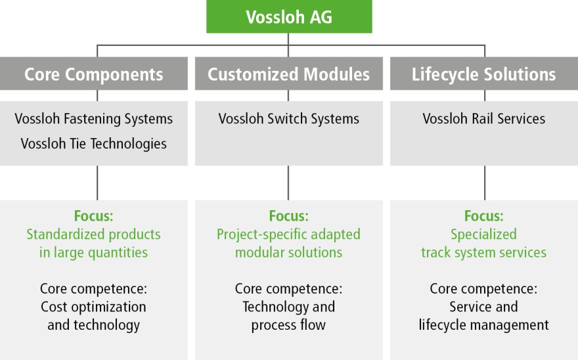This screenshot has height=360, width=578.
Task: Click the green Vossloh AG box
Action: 289,16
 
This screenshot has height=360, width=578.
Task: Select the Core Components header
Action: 94,74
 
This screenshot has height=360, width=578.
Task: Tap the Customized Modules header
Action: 288,74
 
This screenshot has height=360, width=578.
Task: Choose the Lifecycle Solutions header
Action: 484,74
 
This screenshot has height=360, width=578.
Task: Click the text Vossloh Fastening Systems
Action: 94,119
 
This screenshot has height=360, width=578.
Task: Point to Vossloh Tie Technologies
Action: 94,144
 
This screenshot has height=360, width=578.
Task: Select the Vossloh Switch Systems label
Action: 288,119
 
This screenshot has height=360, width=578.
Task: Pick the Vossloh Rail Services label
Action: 483,119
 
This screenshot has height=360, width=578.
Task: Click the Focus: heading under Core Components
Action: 94,215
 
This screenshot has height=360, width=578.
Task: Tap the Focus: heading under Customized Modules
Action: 288,215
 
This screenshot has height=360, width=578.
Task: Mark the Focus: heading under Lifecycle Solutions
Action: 483,215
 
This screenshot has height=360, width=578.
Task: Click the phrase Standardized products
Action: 94,235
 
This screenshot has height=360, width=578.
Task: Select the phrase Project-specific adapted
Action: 288,235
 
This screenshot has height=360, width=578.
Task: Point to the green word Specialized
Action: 483,235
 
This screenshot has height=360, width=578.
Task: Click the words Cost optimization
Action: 94,307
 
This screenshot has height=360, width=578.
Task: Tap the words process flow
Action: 288,325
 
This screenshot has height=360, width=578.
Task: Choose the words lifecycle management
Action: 483,325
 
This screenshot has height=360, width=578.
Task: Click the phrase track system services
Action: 483,253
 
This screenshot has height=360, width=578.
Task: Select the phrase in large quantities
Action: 94,253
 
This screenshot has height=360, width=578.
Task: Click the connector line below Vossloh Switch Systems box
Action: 288,183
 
